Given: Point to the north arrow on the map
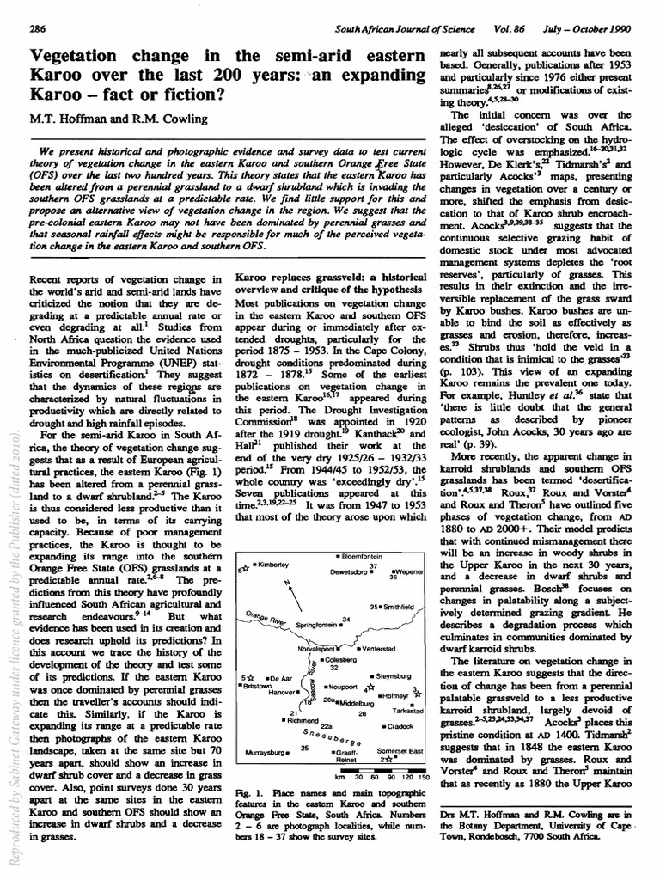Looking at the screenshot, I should click(x=284, y=593).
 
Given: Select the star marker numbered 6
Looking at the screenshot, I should click(x=244, y=568).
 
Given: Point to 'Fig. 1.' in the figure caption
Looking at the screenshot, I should click(x=247, y=789).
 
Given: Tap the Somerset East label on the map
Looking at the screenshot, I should click(x=400, y=751).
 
